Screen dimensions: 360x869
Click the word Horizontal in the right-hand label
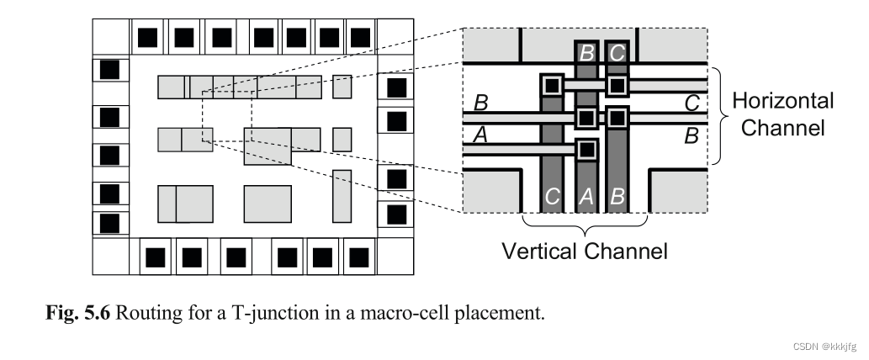click(783, 102)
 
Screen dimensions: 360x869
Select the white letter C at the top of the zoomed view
click(617, 53)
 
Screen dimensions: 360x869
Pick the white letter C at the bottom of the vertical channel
click(552, 198)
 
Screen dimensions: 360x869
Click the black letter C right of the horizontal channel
click(691, 103)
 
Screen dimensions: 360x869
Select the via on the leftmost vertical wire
click(552, 85)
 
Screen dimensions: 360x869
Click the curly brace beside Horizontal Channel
click(718, 115)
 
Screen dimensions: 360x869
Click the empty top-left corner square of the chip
click(110, 37)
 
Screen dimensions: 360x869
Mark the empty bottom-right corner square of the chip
click(394, 256)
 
